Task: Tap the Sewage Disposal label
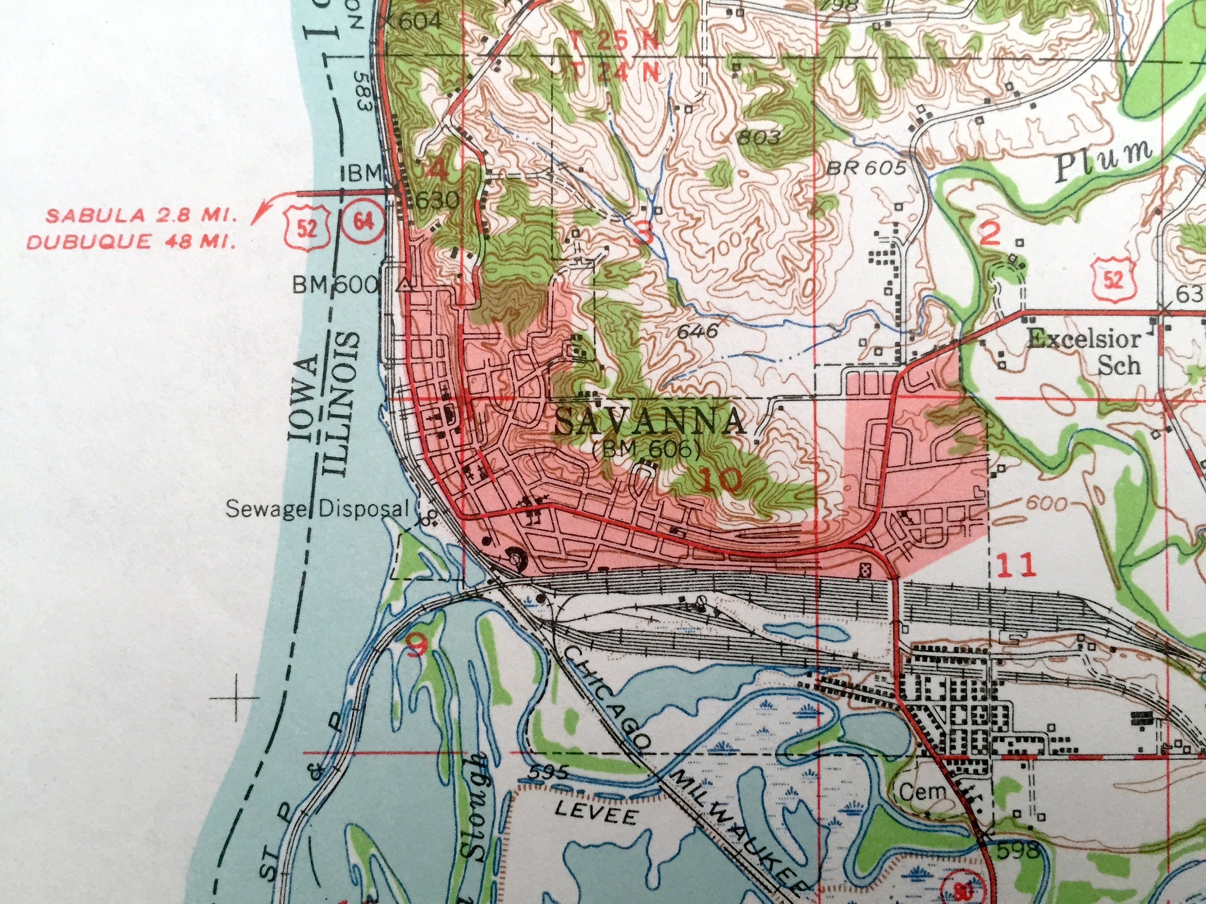pos(317,509)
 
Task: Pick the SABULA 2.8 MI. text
pos(141,216)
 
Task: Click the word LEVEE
pos(595,815)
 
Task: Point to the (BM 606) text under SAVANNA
pos(646,450)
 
